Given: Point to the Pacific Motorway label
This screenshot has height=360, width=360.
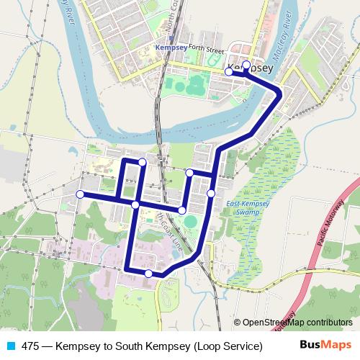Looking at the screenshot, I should tap(333, 231).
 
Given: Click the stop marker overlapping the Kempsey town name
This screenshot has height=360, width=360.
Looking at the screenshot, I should tap(246, 66).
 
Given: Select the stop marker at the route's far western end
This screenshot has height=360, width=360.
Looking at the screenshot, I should tap(80, 194).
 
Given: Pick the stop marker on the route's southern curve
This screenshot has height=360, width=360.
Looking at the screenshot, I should tap(148, 274).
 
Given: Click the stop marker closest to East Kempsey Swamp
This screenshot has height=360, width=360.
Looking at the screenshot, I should tap(211, 193).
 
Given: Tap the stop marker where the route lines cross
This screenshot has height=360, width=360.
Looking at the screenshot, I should tap(135, 205).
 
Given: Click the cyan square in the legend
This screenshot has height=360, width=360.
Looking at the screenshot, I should tap(9, 346).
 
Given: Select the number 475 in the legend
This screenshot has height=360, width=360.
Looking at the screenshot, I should tap(30, 346).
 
